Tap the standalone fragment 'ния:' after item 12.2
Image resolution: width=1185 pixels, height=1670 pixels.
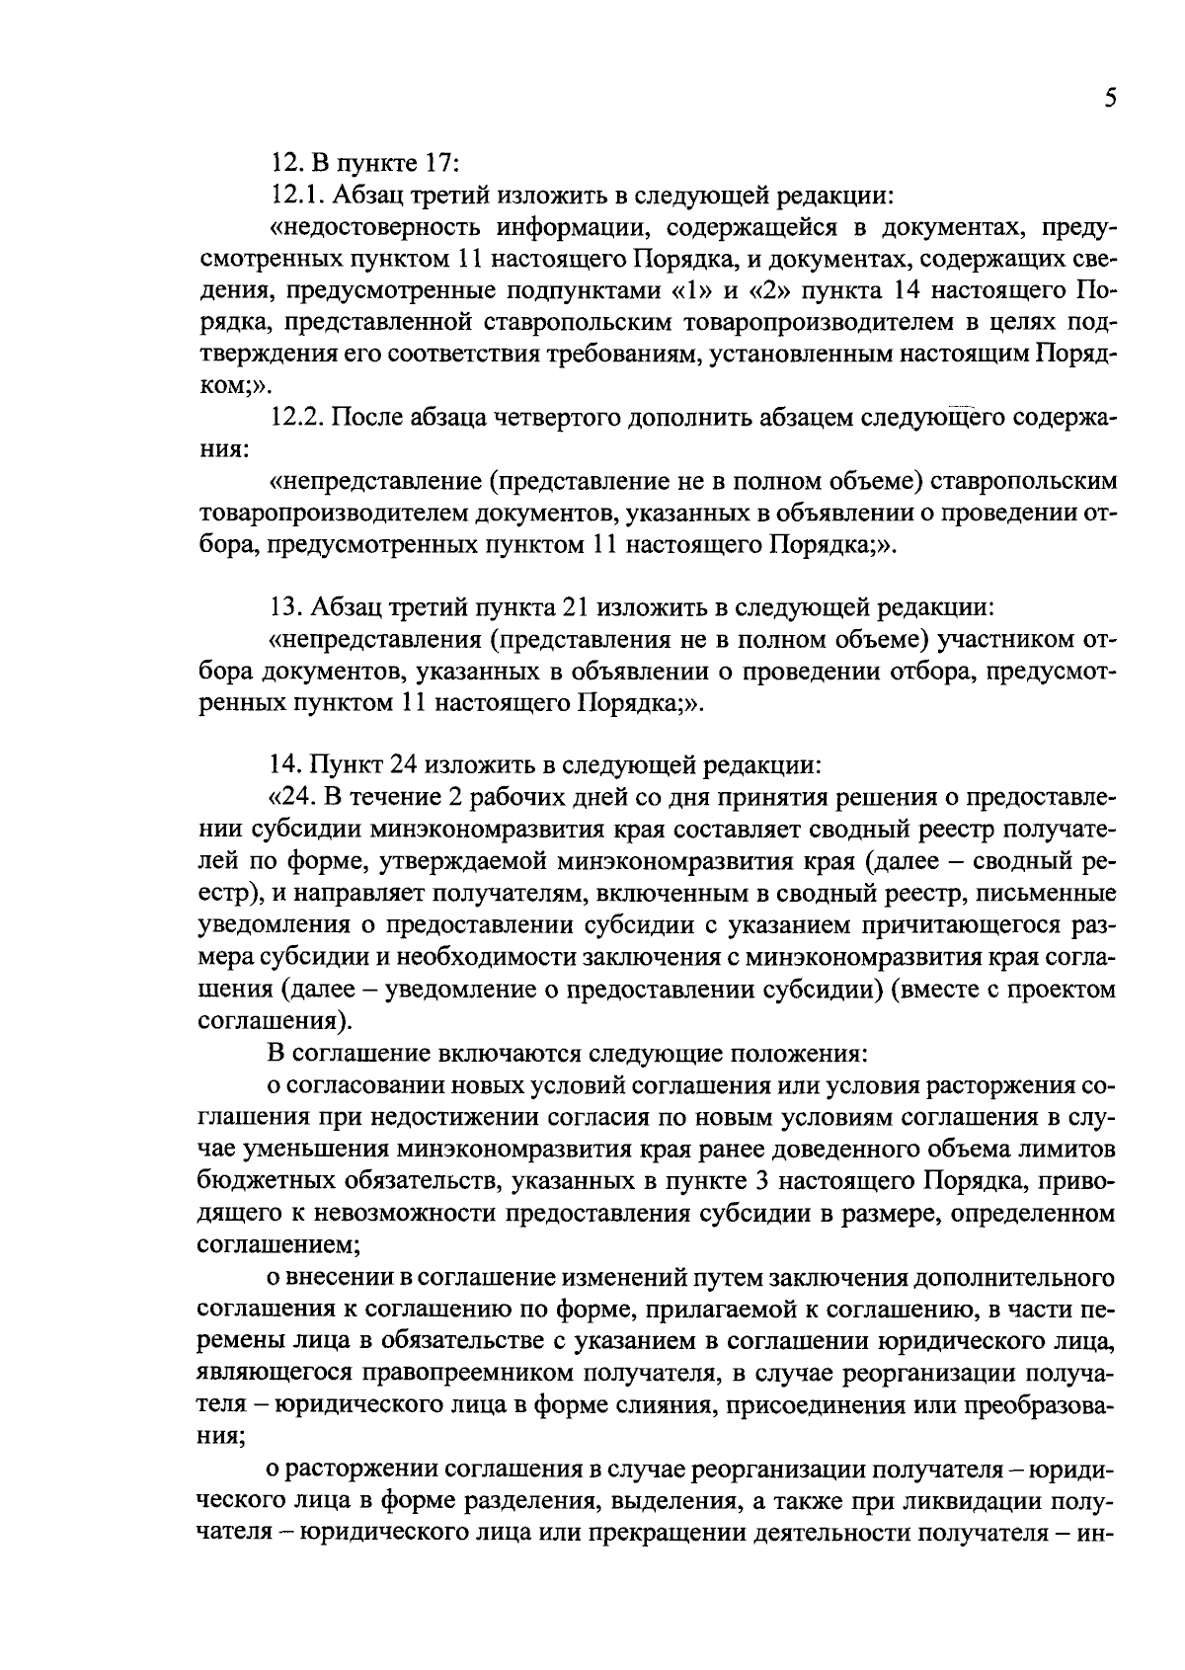(x=223, y=449)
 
